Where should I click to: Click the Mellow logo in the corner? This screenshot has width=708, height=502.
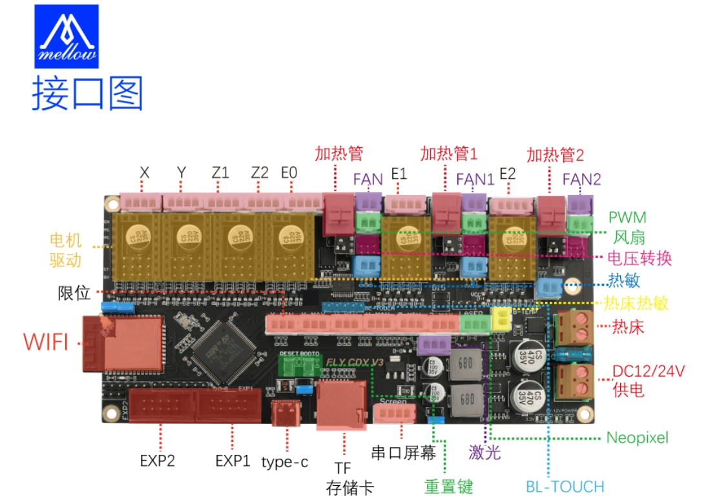tap(67, 36)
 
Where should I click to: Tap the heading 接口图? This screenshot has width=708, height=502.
tap(88, 94)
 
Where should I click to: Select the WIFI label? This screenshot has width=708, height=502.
tap(46, 341)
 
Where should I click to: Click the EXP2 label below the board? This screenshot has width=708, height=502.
tap(158, 461)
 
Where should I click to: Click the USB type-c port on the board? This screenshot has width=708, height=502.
tap(285, 413)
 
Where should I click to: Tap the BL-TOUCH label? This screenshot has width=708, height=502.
tap(565, 486)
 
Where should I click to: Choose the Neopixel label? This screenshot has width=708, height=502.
tap(637, 437)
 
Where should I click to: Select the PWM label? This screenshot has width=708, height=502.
tap(627, 217)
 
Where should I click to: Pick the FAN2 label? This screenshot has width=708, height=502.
tap(581, 179)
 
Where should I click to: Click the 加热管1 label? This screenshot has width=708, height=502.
tap(449, 154)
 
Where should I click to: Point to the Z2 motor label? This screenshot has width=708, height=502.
tap(260, 173)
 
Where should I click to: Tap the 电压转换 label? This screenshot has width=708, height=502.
tap(640, 258)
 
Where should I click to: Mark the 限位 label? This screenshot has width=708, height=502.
tap(74, 292)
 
